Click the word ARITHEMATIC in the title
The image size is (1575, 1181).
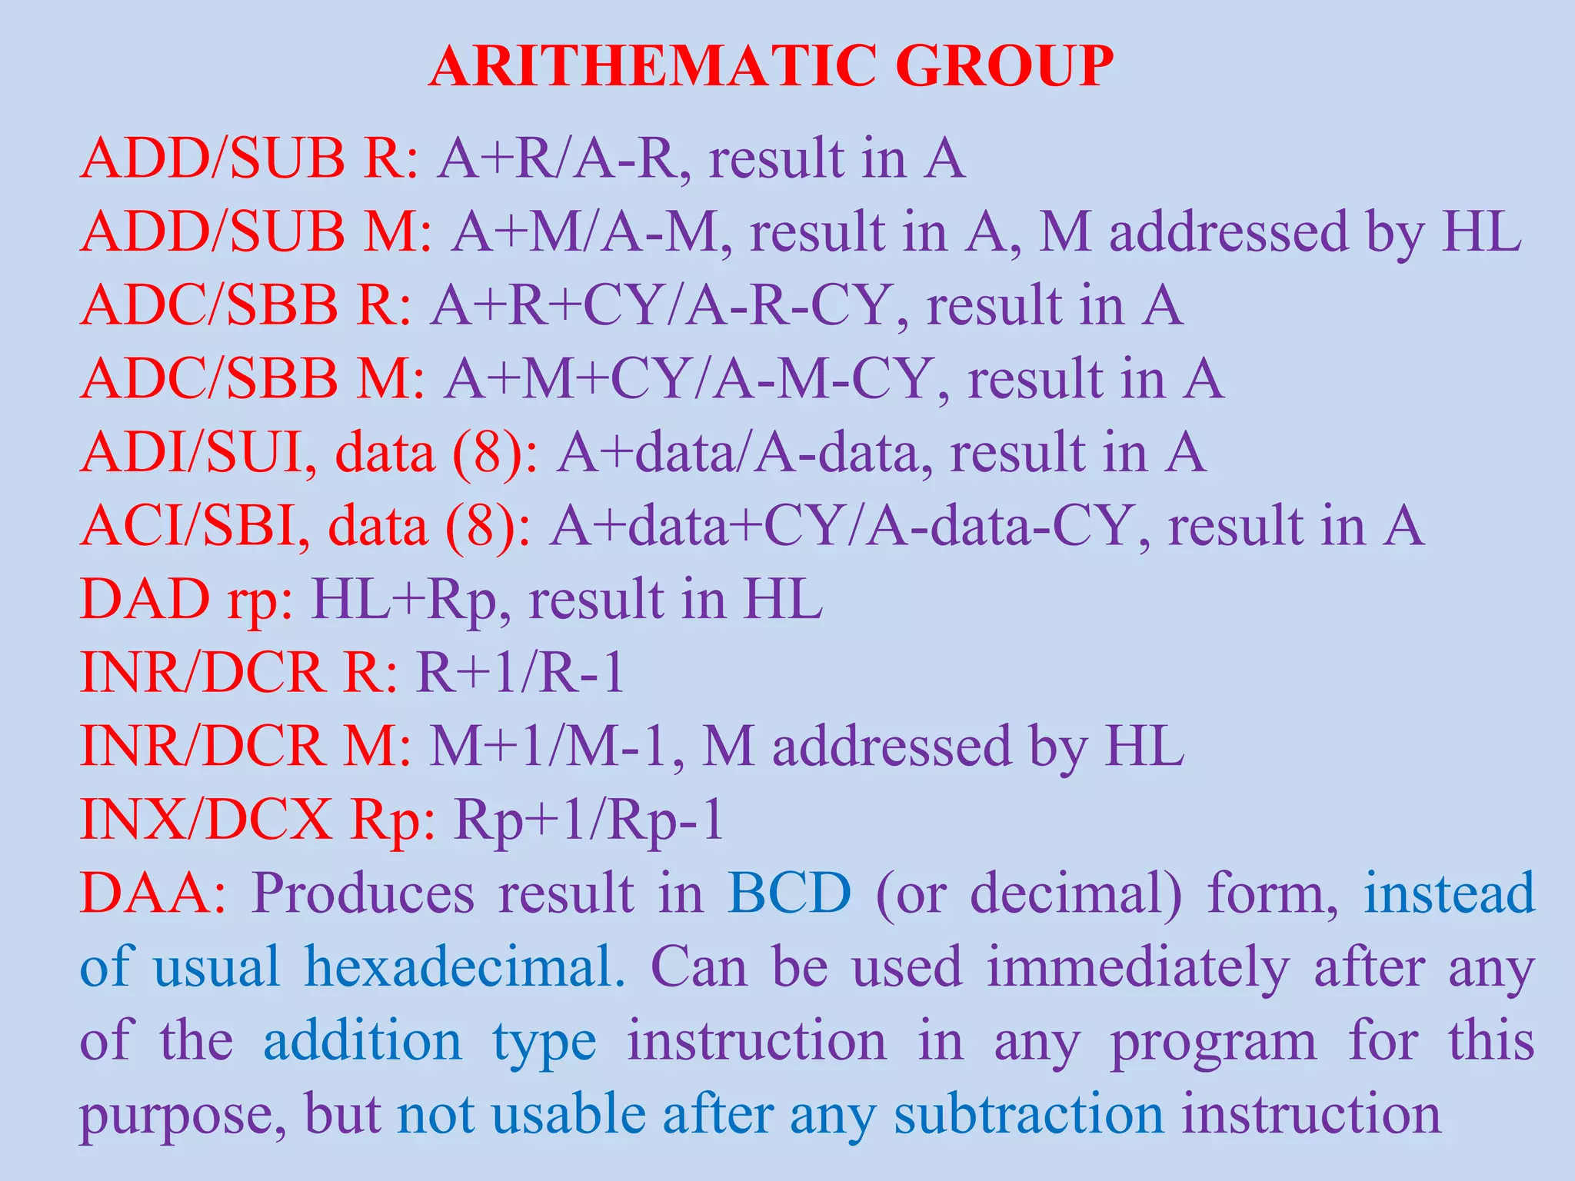click(x=652, y=67)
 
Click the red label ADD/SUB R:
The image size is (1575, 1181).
click(x=250, y=159)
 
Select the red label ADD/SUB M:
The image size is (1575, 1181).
click(x=256, y=232)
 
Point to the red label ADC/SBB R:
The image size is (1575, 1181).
click(x=246, y=306)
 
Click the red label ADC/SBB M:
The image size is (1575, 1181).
click(x=253, y=379)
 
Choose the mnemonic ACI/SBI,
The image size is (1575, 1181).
click(x=195, y=527)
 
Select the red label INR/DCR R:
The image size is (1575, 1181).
click(x=239, y=674)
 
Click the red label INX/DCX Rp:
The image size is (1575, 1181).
click(x=258, y=820)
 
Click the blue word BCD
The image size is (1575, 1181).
click(x=789, y=893)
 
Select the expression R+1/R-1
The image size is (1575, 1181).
click(x=520, y=674)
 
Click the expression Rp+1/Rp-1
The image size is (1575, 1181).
click(x=589, y=820)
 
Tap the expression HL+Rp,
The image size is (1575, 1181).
click(x=411, y=600)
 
